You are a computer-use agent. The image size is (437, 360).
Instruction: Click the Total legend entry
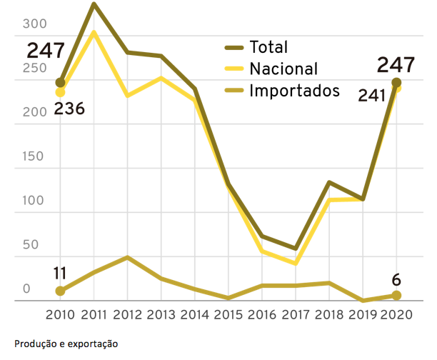269,48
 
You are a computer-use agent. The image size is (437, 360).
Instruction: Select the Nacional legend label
283,69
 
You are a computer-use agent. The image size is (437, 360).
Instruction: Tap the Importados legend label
293,91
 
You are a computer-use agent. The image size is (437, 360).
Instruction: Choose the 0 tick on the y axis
26,289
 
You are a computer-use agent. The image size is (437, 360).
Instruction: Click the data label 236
69,109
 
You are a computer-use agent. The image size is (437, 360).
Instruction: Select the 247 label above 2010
46,51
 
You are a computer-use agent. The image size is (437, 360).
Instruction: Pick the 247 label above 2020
396,65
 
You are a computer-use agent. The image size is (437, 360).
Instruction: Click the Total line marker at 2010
61,83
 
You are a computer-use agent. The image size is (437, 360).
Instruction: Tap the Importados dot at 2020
396,296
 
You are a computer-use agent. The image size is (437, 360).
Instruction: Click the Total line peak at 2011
94,4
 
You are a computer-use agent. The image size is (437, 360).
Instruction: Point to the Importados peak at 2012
127,257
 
